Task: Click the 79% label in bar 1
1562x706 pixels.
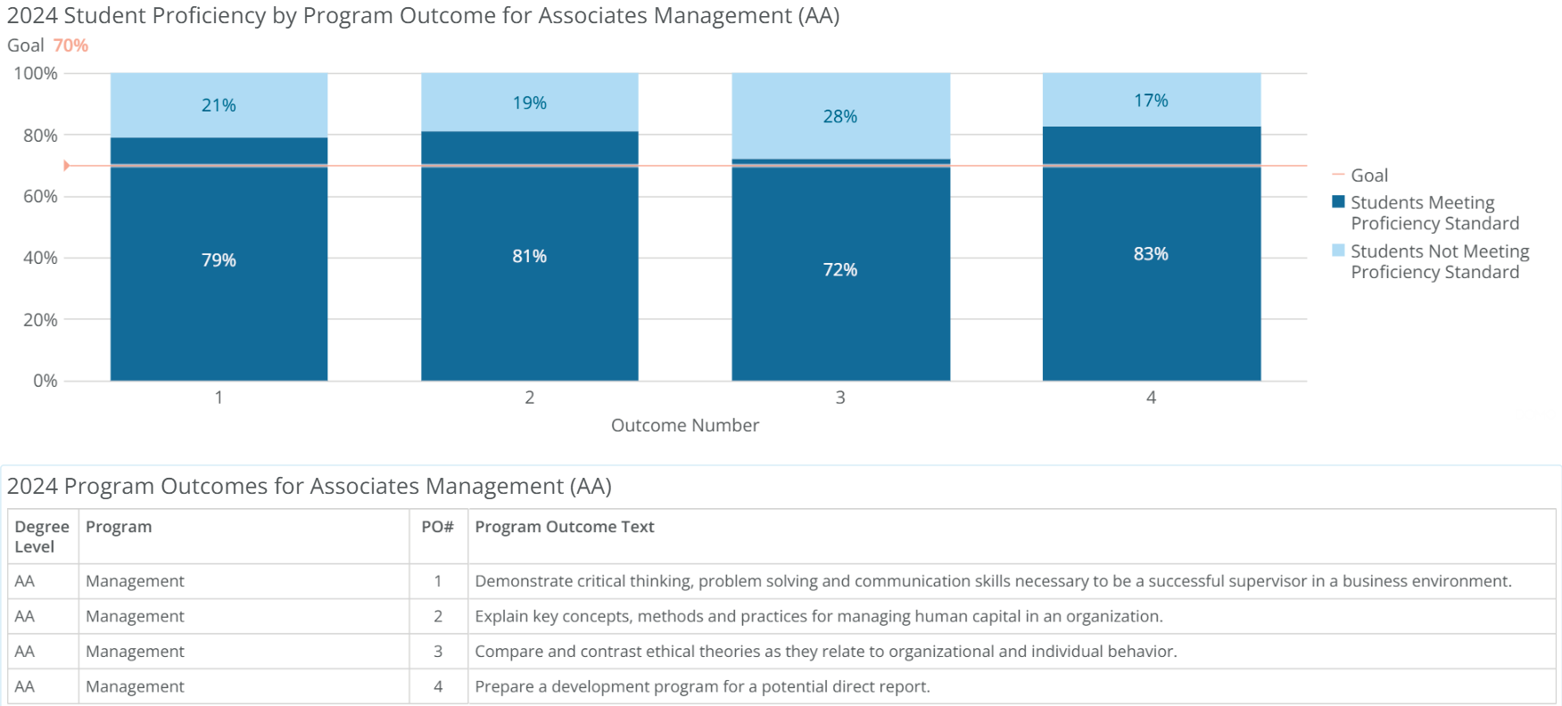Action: pos(219,260)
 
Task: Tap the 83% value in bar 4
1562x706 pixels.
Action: pos(1151,254)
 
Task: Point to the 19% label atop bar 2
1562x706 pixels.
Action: pos(529,103)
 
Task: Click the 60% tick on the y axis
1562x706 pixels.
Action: pos(40,196)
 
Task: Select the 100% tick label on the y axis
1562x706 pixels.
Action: pos(36,73)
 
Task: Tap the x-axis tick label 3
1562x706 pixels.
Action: pos(840,398)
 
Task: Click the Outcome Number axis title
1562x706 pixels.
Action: pos(684,425)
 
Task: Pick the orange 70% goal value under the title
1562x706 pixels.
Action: pos(70,45)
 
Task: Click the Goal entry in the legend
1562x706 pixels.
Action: pos(1368,176)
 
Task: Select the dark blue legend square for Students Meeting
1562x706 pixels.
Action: pos(1338,201)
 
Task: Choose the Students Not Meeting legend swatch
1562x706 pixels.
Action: pos(1338,250)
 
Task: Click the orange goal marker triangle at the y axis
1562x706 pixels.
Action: pos(67,166)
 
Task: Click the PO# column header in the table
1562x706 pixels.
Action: pos(437,527)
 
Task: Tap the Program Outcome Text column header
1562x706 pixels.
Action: pos(564,527)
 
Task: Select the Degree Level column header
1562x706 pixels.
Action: pos(41,537)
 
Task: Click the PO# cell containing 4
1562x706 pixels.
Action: pos(438,686)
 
